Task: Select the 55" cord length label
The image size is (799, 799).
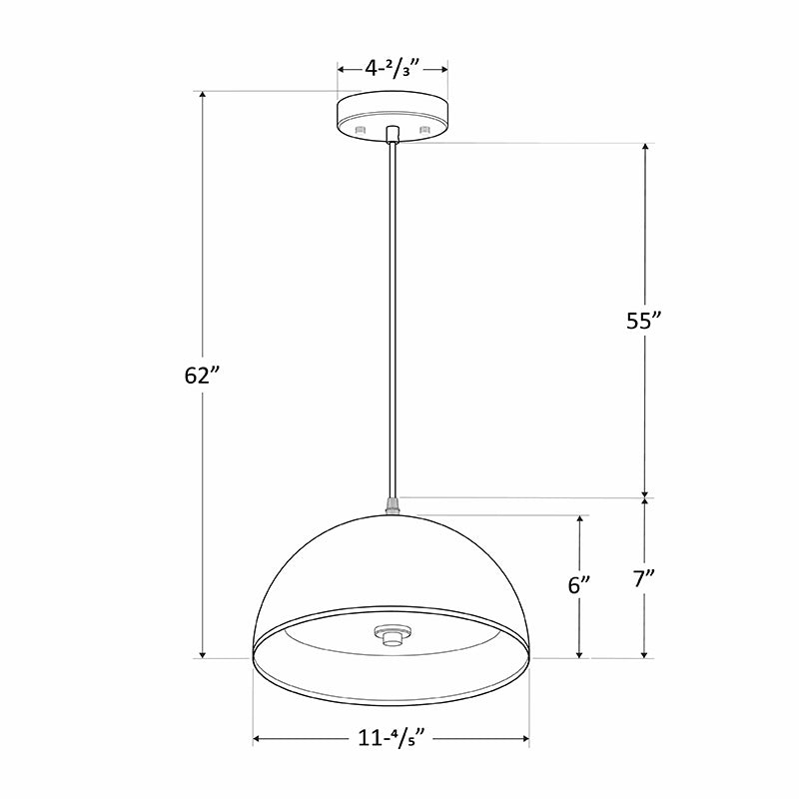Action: (x=644, y=321)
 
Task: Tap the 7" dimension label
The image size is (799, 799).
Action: (x=644, y=578)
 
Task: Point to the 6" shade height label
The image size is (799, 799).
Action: (x=579, y=585)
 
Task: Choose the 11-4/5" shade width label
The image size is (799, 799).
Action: (x=392, y=740)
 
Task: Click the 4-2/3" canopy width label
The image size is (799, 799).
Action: (x=392, y=69)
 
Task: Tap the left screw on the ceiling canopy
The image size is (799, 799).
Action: (x=361, y=130)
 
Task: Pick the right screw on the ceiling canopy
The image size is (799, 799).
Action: (x=424, y=130)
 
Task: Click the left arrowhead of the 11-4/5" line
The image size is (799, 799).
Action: (x=259, y=740)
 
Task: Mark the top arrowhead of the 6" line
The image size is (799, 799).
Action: (x=579, y=520)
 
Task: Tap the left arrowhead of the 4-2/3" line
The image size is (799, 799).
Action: (x=342, y=70)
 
